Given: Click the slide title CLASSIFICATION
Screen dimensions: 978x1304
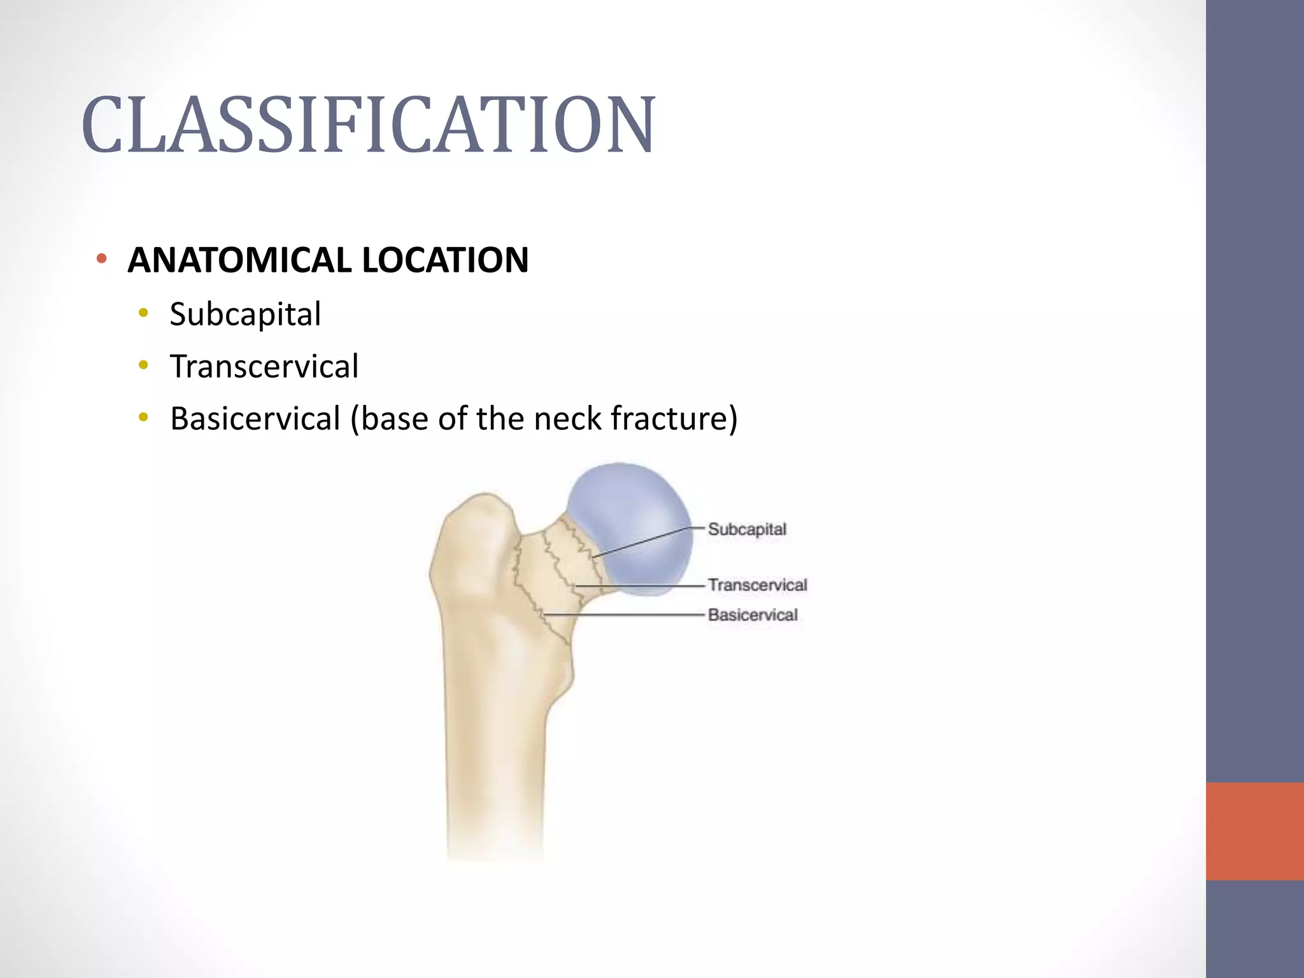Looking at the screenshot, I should click(368, 125).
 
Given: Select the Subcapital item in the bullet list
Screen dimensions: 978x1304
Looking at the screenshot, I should click(245, 315).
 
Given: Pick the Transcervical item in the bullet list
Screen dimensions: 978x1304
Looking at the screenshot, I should click(264, 367).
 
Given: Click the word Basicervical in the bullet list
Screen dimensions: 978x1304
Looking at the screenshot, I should click(255, 419).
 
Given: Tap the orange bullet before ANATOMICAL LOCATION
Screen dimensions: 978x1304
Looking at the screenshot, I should click(101, 259).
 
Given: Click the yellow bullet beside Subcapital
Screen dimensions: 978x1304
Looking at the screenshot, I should click(144, 313).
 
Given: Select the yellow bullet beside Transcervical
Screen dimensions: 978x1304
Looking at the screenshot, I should click(144, 365).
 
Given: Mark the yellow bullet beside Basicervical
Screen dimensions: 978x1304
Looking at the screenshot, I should click(144, 417).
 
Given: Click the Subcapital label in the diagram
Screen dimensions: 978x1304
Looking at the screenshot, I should click(747, 529).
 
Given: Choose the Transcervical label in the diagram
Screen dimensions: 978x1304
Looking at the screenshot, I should click(757, 585).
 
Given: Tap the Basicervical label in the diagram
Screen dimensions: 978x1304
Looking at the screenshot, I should click(752, 614).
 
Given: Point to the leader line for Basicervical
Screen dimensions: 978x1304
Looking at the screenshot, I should click(624, 614).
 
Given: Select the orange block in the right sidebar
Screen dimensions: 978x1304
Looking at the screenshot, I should click(1254, 831).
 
